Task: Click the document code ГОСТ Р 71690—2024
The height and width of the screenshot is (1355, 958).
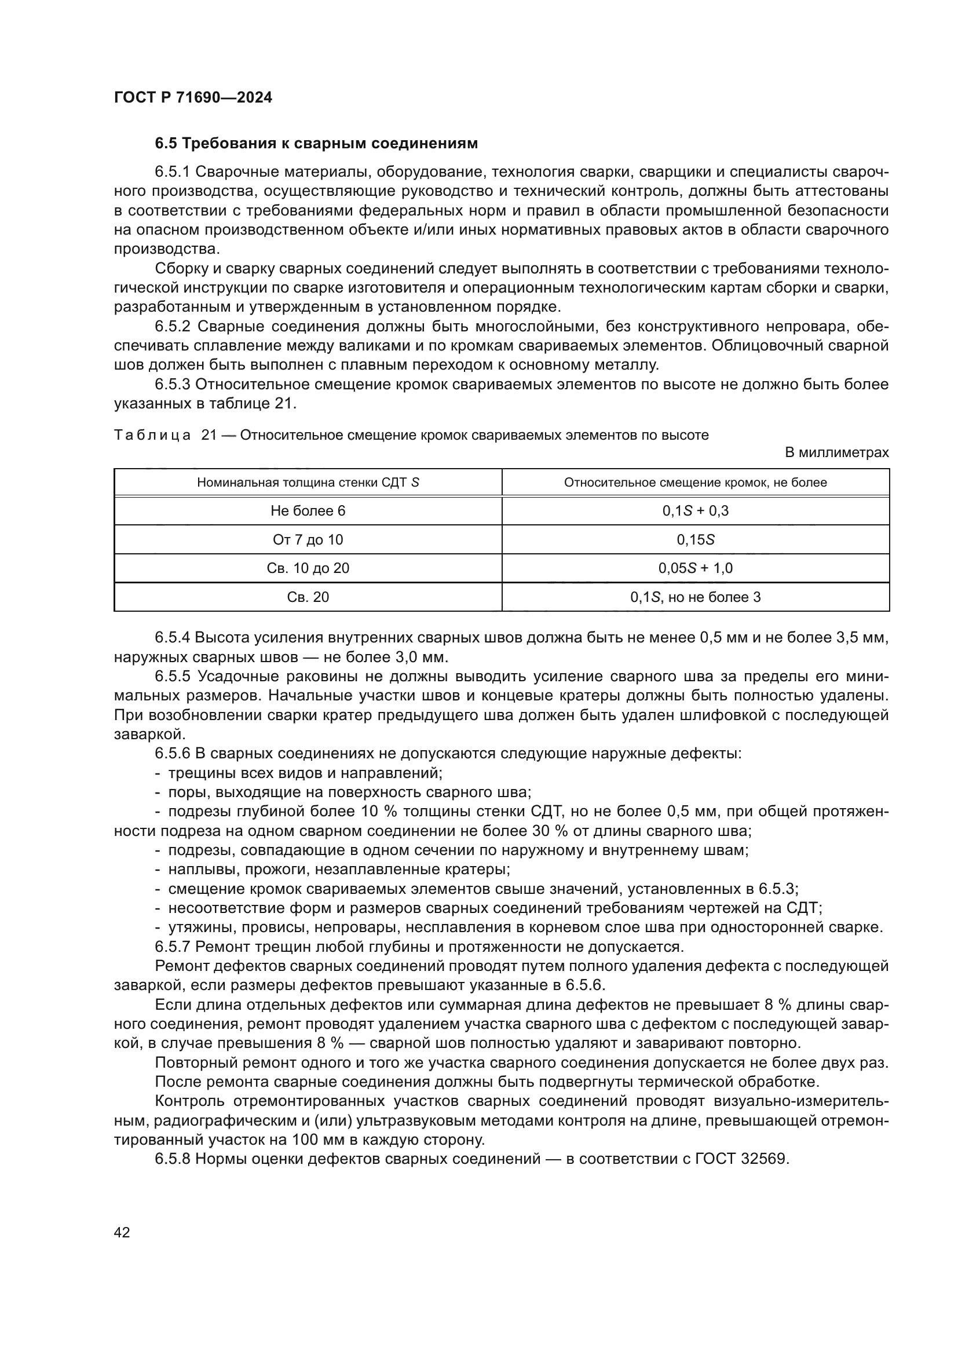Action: (193, 97)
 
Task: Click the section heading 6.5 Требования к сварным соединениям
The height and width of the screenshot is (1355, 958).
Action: (316, 144)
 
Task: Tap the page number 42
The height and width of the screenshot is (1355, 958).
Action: (122, 1232)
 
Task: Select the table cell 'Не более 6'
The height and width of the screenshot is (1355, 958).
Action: (308, 511)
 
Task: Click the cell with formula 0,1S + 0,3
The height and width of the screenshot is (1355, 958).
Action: (695, 511)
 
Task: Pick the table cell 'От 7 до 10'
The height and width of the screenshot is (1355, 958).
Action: (308, 540)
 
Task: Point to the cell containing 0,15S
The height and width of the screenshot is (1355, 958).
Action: (695, 540)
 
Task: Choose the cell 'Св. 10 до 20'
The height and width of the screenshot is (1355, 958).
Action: (308, 568)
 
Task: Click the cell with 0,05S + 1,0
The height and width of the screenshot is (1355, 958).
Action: (695, 568)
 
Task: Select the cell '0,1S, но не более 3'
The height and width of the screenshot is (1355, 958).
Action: (695, 597)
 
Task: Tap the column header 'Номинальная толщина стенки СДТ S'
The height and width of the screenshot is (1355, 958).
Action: (308, 483)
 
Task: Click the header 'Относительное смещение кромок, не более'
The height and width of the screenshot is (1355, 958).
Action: (695, 483)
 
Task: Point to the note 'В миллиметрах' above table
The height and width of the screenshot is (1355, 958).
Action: (836, 452)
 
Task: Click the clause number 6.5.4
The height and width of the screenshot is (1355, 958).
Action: (173, 638)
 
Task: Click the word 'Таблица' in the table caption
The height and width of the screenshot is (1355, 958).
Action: (152, 436)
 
